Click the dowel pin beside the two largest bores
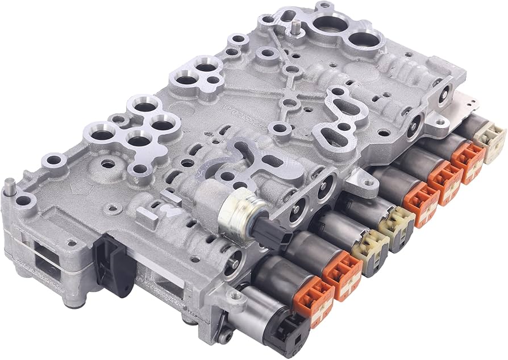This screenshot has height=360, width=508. (297, 27)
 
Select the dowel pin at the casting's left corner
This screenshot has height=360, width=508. (10, 185)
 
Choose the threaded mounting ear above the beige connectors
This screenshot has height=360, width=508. (361, 181)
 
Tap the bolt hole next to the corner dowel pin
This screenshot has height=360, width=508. (24, 201)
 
